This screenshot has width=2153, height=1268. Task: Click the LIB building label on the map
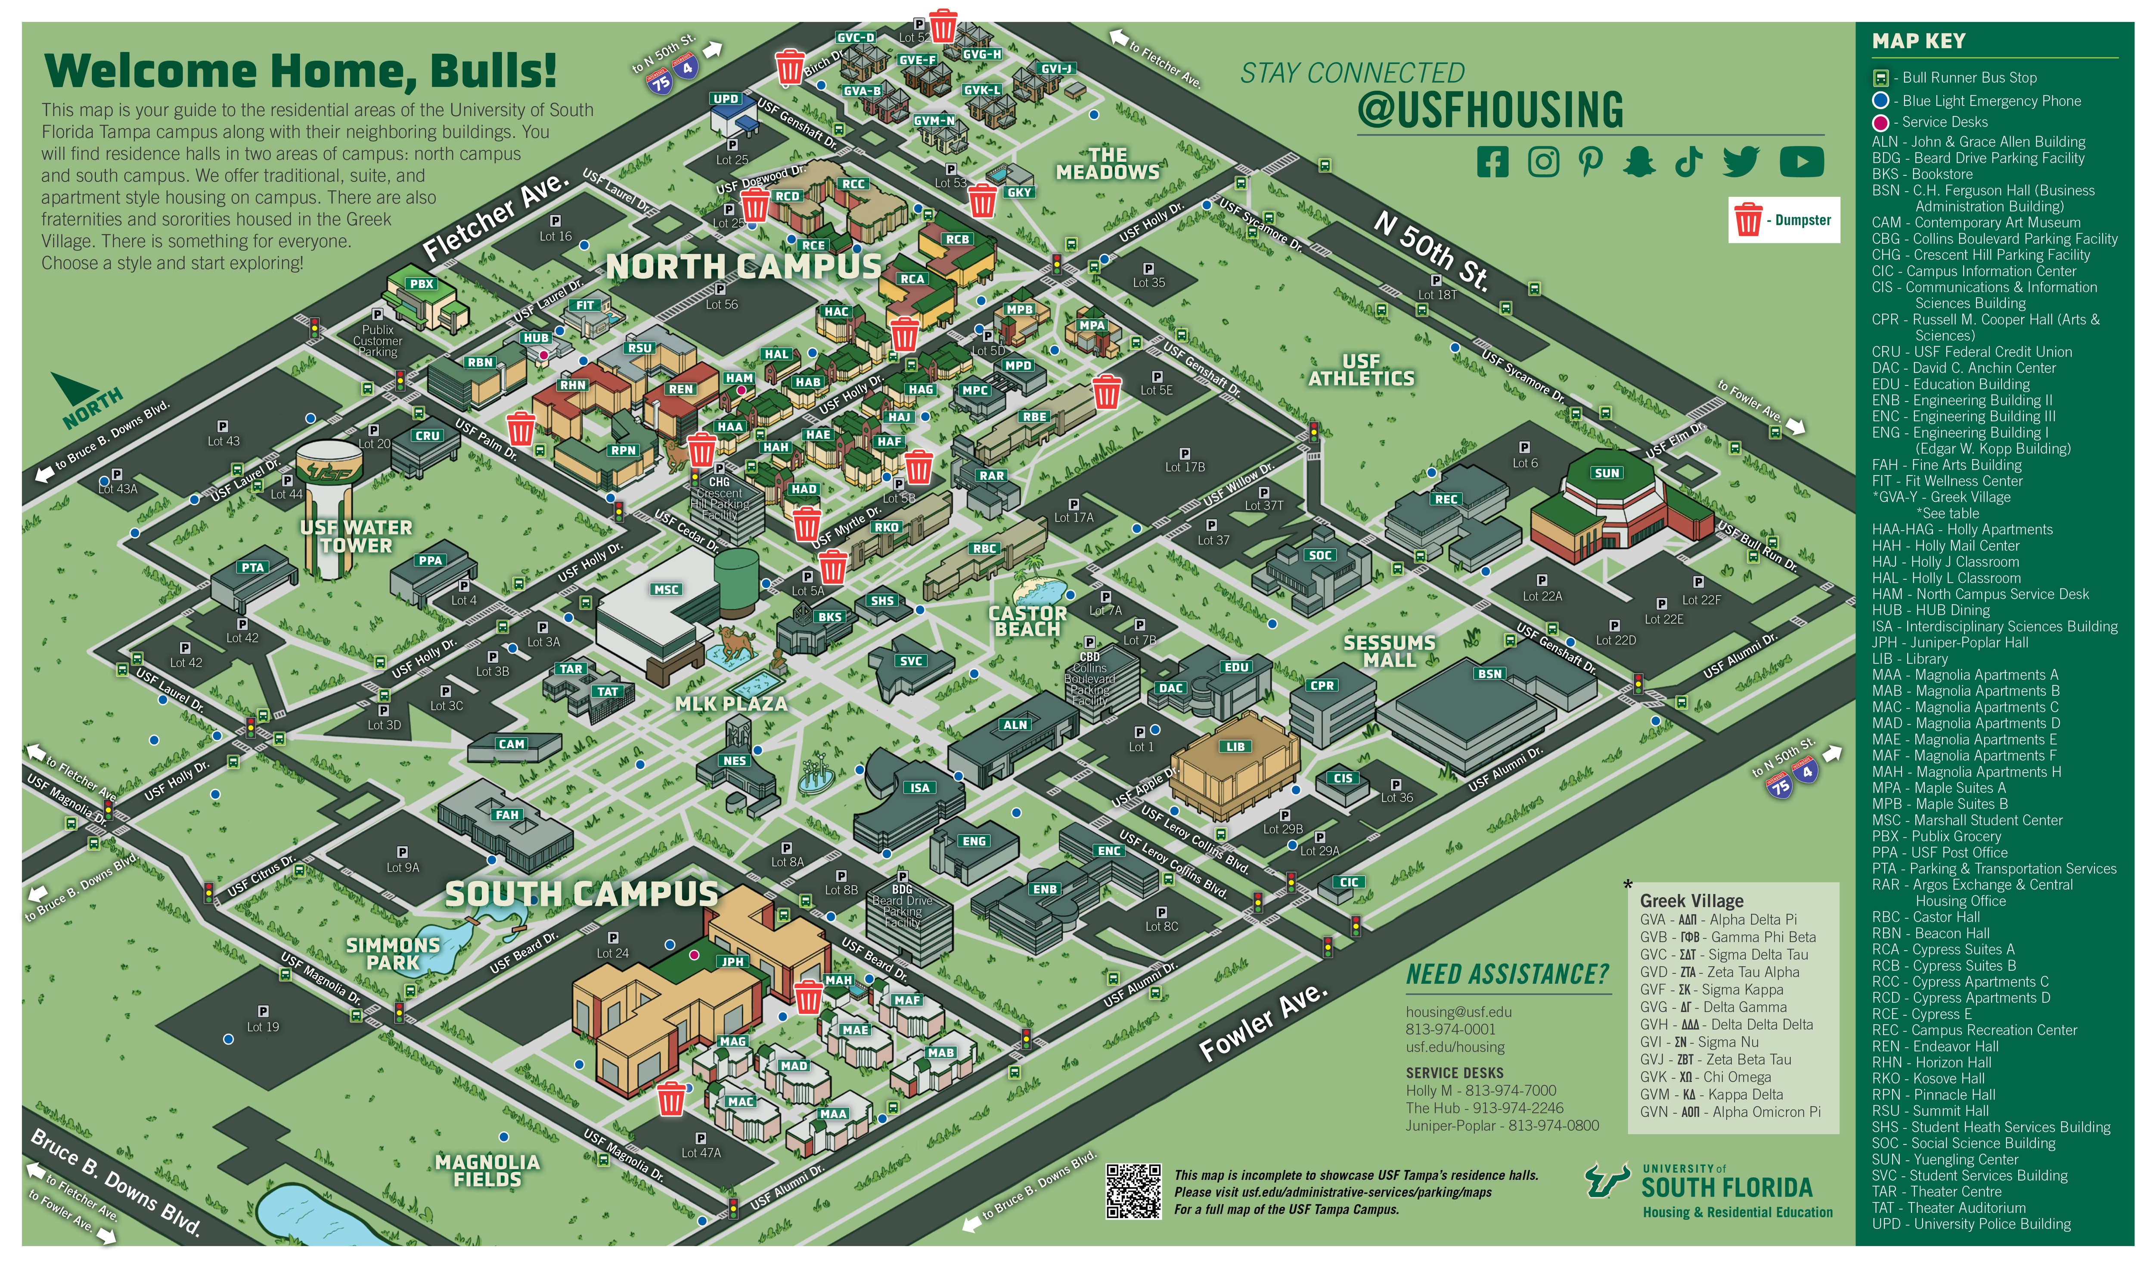click(x=1235, y=747)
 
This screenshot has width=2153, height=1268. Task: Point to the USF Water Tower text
click(x=356, y=537)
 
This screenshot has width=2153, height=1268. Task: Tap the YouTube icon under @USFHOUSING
click(x=1801, y=162)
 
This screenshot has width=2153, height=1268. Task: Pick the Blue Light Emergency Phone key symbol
click(x=1880, y=101)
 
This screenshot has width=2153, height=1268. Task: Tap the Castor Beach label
click(x=1028, y=621)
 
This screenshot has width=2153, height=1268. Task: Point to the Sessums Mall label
click(x=1389, y=651)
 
